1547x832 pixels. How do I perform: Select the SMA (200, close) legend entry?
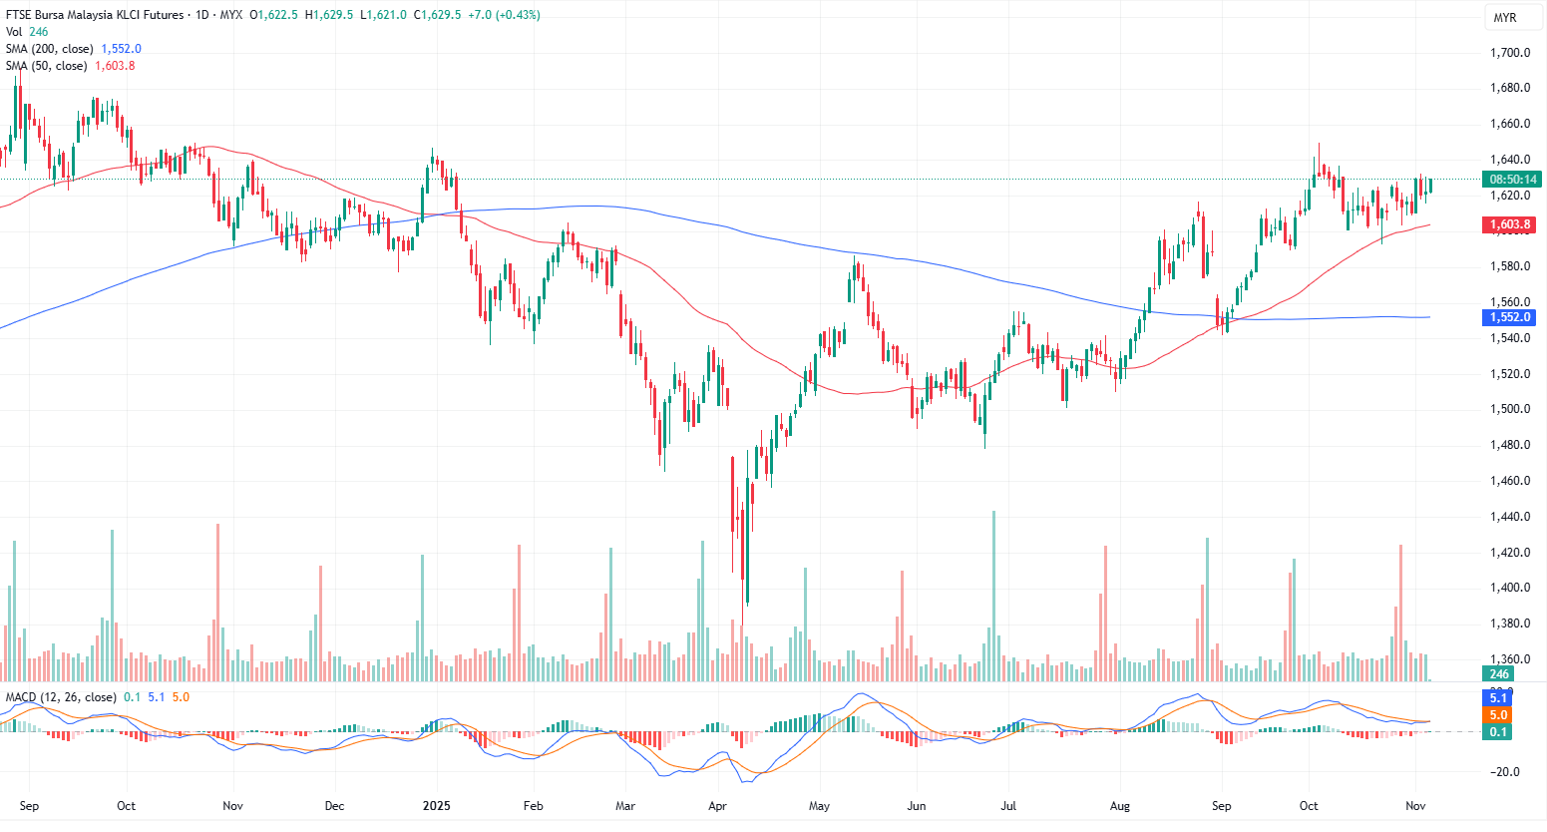50,49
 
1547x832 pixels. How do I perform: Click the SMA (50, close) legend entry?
46,66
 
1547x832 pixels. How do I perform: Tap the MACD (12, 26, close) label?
61,697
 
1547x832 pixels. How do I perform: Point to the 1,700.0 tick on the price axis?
1510,53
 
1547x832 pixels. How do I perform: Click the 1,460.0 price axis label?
1510,481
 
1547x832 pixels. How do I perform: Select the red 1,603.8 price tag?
1510,224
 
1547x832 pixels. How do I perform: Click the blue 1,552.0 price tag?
1510,317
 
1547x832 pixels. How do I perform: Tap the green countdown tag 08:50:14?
1512,180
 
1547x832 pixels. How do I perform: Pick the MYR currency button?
1504,18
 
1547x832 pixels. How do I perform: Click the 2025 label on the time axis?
436,806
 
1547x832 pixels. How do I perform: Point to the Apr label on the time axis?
717,806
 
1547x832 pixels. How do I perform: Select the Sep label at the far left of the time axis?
29,806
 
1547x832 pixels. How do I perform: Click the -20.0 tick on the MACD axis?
1506,772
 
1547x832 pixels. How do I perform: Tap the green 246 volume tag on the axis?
1499,674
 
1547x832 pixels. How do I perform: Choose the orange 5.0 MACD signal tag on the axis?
1498,715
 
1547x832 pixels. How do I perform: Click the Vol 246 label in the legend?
27,32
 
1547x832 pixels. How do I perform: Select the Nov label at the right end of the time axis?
1414,806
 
